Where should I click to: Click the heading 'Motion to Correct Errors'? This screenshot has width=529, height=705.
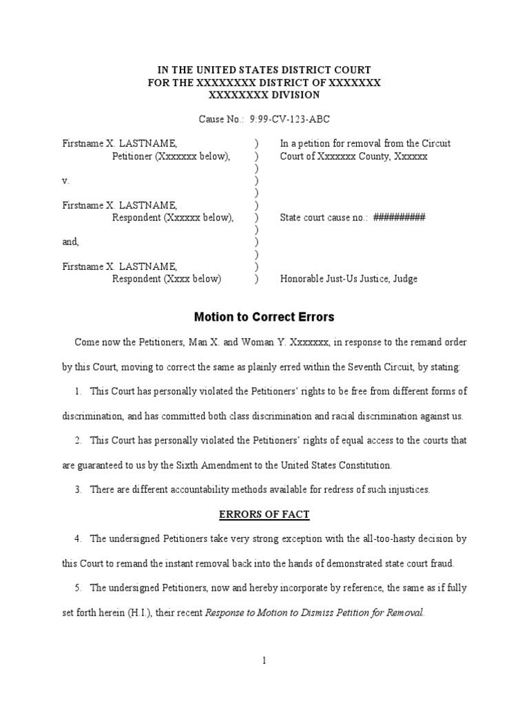[264, 317]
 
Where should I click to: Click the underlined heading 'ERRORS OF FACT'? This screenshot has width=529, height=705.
[264, 514]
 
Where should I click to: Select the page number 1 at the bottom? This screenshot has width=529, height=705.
[264, 660]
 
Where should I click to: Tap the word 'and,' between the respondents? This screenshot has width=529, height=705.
[70, 242]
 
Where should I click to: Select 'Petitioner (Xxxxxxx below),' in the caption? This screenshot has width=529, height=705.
[171, 156]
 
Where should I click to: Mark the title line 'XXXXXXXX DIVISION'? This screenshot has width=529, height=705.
[264, 95]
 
